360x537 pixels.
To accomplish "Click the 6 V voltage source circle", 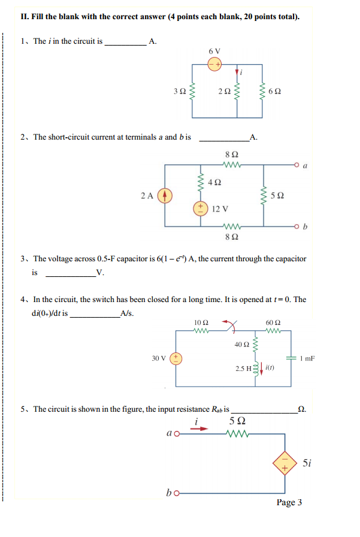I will pyautogui.click(x=215, y=63).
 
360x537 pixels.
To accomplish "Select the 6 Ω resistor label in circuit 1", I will pyautogui.click(x=276, y=92).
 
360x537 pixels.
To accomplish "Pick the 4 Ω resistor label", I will pyautogui.click(x=215, y=182).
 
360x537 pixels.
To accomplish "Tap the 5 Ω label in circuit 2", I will pyautogui.click(x=277, y=195).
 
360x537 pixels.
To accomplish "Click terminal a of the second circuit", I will pyautogui.click(x=298, y=162).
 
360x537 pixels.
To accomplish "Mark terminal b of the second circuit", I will pyautogui.click(x=298, y=227).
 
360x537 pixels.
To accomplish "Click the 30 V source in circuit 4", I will pyautogui.click(x=176, y=358).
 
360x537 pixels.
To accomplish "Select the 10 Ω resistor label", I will pyautogui.click(x=201, y=322).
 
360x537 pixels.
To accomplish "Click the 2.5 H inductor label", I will pyautogui.click(x=244, y=367).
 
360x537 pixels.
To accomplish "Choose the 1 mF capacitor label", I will pyautogui.click(x=308, y=358).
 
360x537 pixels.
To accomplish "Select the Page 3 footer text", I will pyautogui.click(x=289, y=502).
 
